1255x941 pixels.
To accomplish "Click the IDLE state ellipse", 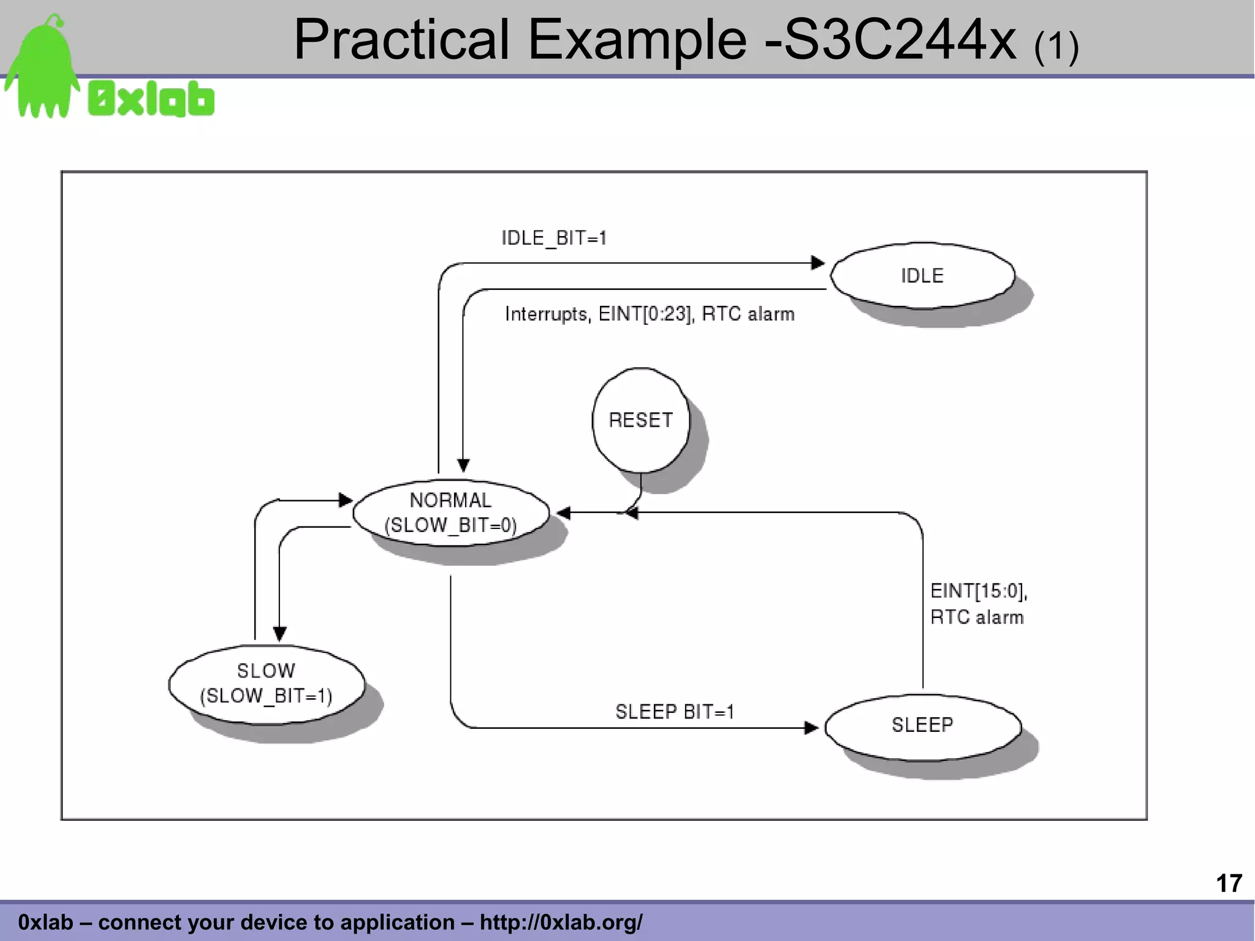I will (922, 276).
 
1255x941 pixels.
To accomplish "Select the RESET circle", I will (640, 421).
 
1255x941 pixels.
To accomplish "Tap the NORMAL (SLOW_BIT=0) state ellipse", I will (451, 512).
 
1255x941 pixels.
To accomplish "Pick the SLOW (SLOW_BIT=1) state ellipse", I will (266, 684).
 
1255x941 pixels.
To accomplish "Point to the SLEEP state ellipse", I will (922, 726).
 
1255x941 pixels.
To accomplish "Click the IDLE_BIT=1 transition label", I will (554, 238).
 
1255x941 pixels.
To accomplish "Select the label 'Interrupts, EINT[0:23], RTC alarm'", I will (650, 314).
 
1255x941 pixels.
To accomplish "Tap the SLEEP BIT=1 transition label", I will (675, 712).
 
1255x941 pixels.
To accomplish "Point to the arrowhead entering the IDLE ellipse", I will (818, 263).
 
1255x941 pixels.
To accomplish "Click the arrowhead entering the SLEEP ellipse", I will (811, 728).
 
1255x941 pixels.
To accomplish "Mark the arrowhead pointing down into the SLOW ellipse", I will (279, 634).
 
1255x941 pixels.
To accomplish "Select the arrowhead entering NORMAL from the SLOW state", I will (346, 500).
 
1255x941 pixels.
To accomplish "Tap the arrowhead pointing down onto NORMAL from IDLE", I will (463, 465).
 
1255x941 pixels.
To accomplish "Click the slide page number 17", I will (1229, 883).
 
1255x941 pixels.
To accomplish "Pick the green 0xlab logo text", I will (151, 100).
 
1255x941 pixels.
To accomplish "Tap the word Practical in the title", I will (401, 40).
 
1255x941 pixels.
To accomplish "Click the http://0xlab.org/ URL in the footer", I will (561, 922).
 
